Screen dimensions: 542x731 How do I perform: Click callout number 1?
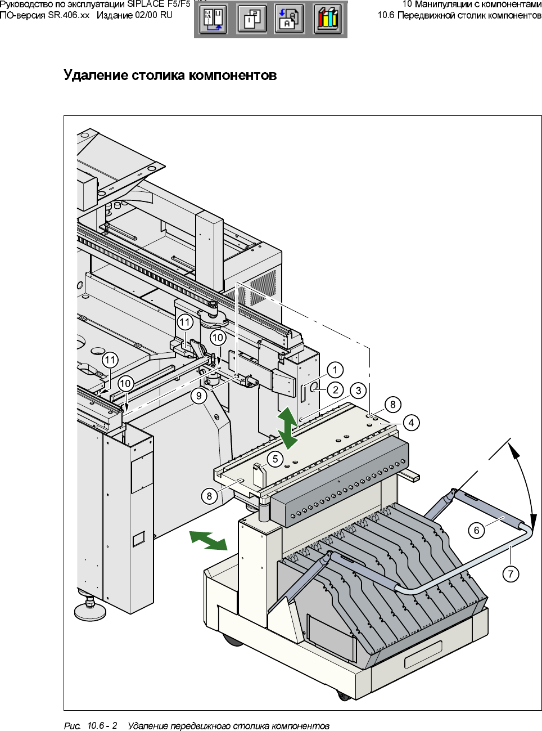tap(335, 370)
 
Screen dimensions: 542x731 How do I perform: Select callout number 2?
tap(336, 390)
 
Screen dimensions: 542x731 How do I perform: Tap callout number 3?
tap(358, 391)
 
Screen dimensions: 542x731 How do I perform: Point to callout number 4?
tap(411, 423)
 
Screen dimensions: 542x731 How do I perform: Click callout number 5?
tap(275, 459)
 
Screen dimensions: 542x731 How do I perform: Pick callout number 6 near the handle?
tap(476, 530)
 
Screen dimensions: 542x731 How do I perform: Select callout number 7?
tap(511, 574)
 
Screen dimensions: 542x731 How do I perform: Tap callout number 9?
tap(199, 395)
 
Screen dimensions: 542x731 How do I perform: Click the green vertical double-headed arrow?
tap(288, 428)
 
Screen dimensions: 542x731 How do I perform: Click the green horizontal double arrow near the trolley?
tap(209, 540)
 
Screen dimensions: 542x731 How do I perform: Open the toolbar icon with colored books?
tap(328, 20)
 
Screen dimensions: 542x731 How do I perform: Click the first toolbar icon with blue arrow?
tap(214, 20)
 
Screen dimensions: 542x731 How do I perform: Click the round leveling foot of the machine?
tap(90, 611)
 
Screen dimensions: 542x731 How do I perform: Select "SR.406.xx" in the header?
tap(69, 15)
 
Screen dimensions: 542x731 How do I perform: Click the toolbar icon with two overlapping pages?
tap(252, 20)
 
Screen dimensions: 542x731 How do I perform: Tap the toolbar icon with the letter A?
tap(289, 20)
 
